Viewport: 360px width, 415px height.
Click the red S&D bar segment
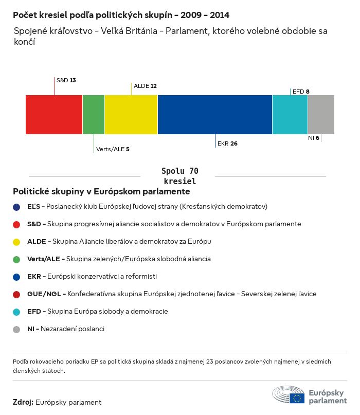click(x=54, y=114)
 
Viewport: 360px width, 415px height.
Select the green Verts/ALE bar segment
click(x=94, y=114)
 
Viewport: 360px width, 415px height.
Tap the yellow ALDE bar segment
click(x=131, y=114)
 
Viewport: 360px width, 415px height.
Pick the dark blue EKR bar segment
click(x=215, y=114)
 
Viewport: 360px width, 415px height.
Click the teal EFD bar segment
click(x=290, y=114)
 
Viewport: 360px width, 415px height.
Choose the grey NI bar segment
click(x=321, y=114)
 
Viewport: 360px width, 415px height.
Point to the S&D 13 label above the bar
click(x=66, y=80)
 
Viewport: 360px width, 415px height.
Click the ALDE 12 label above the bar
click(x=145, y=86)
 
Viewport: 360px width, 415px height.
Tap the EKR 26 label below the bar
click(x=227, y=143)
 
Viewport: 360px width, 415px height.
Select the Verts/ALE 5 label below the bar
click(x=113, y=149)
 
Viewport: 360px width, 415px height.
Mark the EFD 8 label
click(x=301, y=92)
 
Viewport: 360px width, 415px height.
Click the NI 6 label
click(x=314, y=138)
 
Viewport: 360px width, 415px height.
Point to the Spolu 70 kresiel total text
click(x=180, y=176)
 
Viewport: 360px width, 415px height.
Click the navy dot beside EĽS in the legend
click(x=17, y=207)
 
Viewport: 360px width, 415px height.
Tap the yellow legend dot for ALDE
click(x=17, y=242)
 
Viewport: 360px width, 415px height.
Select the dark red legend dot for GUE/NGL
click(x=17, y=294)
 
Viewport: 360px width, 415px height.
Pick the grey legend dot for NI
click(x=17, y=329)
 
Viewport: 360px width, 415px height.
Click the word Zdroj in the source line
click(x=23, y=402)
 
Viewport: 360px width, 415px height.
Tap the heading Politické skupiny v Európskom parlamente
click(x=101, y=191)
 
